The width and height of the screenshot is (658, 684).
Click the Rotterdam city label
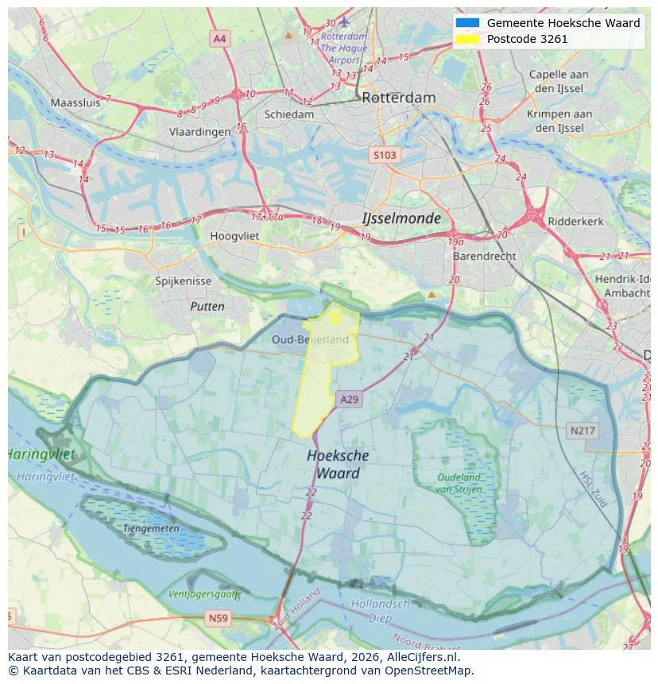398,98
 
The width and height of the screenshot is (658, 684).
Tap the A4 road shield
219,38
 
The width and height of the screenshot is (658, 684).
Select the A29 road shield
349,400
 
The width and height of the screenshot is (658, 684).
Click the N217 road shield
583,431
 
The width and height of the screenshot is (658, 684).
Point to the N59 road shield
218,617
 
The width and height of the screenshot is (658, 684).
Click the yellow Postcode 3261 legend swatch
468,39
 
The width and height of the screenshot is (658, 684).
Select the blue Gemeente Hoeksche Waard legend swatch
468,23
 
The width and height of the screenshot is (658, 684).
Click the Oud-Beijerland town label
310,339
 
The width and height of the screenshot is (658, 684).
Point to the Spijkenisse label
184,281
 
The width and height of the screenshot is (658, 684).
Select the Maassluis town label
76,102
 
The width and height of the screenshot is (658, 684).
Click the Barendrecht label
484,257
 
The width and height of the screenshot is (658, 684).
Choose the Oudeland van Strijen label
459,483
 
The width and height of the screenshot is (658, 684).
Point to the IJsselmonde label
401,218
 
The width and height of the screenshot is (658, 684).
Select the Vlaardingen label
199,132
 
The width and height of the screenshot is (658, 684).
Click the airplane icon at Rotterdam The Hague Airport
344,21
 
